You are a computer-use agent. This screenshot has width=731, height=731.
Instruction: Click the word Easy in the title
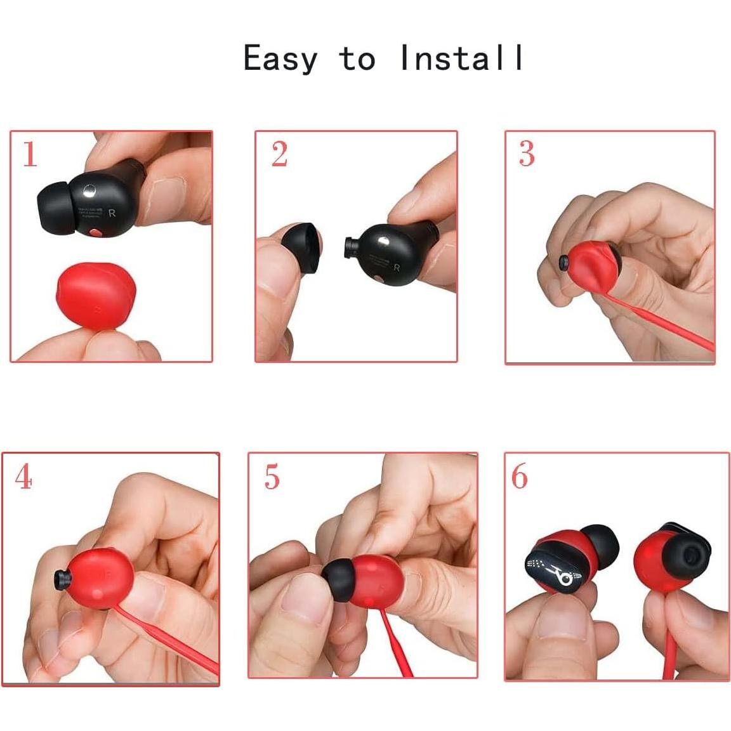280,59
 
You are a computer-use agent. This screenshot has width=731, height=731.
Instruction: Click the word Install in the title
462,58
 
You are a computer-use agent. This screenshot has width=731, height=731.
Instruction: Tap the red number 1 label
30,154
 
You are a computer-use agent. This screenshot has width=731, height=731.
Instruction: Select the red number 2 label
279,154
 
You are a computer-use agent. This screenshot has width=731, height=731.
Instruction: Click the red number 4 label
23,477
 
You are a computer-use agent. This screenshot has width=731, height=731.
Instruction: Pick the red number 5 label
272,477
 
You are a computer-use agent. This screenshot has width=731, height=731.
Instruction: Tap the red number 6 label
519,477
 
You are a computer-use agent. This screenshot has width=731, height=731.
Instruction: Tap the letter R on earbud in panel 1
112,213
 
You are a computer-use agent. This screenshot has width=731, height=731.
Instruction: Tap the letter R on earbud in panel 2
397,267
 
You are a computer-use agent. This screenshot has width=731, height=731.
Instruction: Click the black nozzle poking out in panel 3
563,261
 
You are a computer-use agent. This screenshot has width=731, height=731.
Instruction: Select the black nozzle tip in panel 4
62,579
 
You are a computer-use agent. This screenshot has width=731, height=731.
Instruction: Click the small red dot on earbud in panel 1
95,233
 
